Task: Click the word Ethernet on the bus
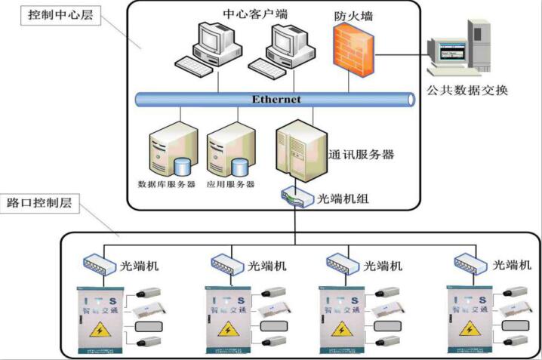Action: pos(276,99)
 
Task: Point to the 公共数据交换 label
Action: pos(467,91)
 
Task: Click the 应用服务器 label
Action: pos(230,184)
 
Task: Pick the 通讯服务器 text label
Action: pos(362,155)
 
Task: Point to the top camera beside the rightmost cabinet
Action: pos(522,291)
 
